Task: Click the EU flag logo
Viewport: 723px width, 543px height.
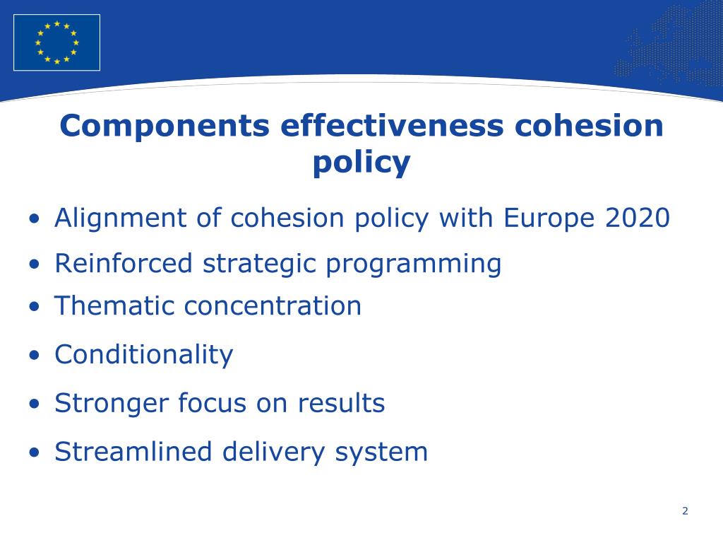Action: tap(56, 42)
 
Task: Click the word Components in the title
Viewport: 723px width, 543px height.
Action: tap(165, 126)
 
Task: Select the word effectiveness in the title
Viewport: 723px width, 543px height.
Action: tap(392, 126)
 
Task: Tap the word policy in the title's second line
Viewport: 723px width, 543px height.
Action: tap(361, 163)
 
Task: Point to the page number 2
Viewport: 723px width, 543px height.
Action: tap(685, 511)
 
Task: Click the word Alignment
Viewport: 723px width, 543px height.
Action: tap(121, 218)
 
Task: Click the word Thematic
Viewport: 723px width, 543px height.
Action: tap(114, 306)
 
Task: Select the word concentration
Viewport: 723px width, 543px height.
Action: tap(273, 306)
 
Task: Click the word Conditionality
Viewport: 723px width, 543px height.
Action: tap(143, 354)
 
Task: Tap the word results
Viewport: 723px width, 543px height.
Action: tap(341, 403)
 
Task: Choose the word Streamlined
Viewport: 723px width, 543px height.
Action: tap(132, 451)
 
